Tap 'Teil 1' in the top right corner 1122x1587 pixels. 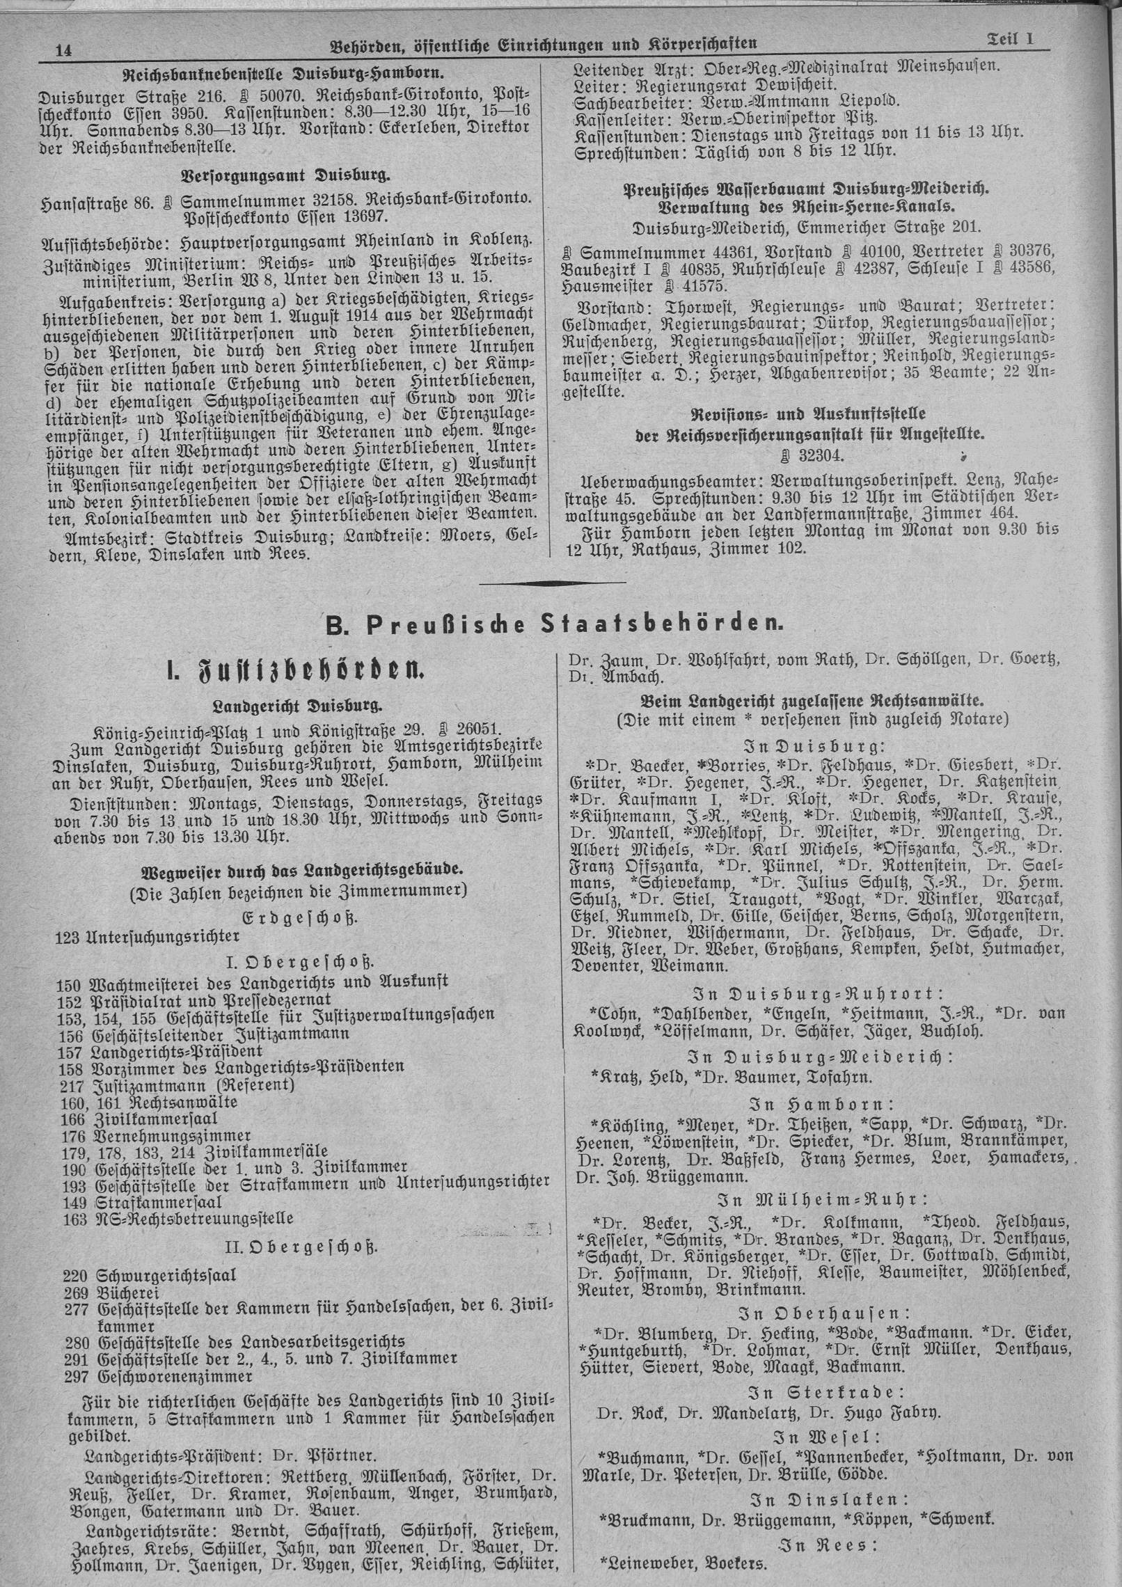pyautogui.click(x=1009, y=41)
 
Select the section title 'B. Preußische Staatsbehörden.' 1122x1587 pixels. pyautogui.click(x=555, y=622)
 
